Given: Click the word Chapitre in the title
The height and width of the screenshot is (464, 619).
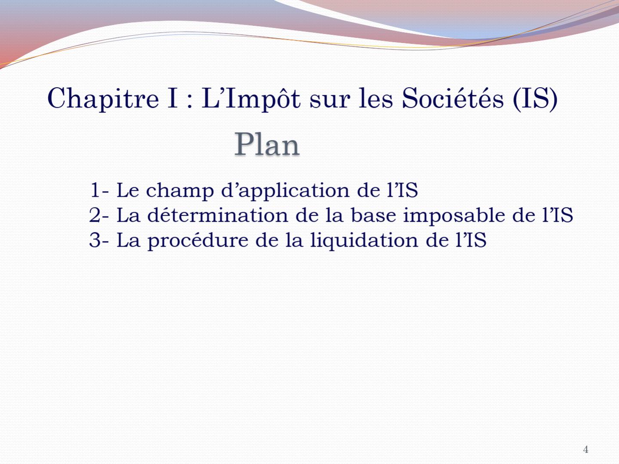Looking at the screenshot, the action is [x=103, y=99].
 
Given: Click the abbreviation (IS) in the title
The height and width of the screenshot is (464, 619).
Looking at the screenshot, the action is [x=535, y=99].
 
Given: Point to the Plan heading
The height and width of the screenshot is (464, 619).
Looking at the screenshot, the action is [x=267, y=144].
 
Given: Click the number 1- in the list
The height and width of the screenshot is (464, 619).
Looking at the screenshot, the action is [x=99, y=190].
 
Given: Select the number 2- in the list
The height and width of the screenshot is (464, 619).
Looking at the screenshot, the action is [x=99, y=215].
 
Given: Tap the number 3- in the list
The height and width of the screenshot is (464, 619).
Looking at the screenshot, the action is [x=99, y=240].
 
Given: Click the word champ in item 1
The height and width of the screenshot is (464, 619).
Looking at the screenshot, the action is [x=180, y=191].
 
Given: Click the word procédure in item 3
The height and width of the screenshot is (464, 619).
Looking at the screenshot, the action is [x=198, y=241].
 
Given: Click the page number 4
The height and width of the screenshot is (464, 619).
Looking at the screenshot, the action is [x=586, y=449].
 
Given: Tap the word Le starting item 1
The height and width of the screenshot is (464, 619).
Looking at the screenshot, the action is [x=128, y=190].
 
